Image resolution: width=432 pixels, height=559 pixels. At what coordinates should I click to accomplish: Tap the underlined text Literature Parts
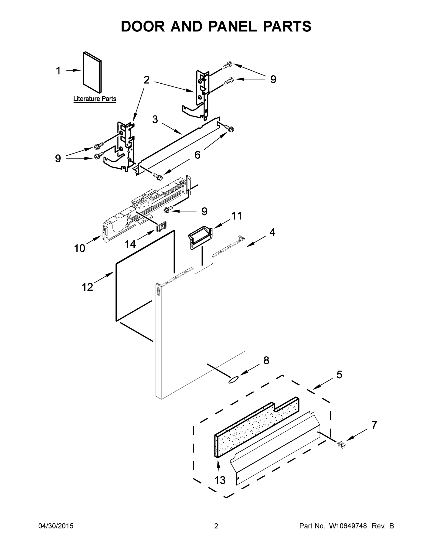95,99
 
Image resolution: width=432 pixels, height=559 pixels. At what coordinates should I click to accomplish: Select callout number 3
155,119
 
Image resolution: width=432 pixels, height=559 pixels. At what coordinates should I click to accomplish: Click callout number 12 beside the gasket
87,287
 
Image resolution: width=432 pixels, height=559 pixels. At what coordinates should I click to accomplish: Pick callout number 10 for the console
79,248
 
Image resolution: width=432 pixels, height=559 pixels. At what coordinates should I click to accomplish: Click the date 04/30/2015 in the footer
56,526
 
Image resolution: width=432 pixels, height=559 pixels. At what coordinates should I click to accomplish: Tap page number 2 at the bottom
216,526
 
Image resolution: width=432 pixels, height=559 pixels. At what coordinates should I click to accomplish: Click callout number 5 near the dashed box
339,375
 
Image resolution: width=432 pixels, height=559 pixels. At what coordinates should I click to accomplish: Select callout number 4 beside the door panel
272,232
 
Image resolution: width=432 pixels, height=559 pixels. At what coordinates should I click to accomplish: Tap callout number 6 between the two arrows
197,155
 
